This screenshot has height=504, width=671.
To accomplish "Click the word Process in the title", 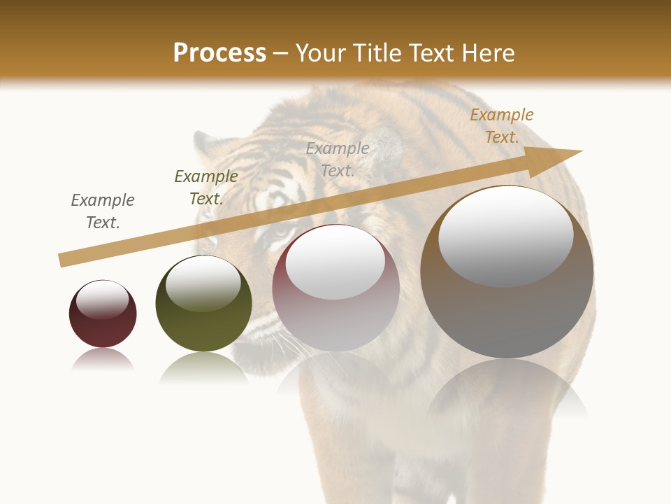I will (219, 53).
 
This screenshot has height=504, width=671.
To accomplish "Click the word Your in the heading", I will (321, 53).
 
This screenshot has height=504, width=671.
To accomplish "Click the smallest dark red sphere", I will (103, 314).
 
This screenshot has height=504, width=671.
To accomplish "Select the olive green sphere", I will (203, 303).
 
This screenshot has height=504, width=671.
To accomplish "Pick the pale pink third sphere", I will (335, 288).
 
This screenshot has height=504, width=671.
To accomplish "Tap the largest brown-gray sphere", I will (507, 272).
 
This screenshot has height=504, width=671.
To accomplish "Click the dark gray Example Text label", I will (103, 211).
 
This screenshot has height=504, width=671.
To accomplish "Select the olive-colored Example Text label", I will (206, 188).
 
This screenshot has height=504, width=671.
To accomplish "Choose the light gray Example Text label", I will (338, 159).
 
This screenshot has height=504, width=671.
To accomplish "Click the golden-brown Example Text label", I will (502, 126).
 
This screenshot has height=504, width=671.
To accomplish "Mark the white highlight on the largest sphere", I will (506, 235).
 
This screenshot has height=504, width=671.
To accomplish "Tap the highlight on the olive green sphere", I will (203, 283).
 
